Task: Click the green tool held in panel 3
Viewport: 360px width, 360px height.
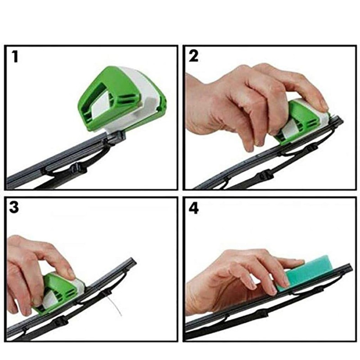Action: coord(58,292)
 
